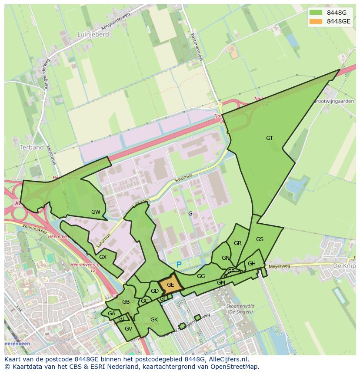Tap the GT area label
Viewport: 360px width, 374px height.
click(x=270, y=138)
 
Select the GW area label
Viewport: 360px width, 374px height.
click(x=96, y=212)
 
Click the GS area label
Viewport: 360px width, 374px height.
click(x=260, y=239)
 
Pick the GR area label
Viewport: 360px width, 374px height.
click(x=237, y=243)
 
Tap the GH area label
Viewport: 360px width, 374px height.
click(x=252, y=264)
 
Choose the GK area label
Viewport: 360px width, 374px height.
click(x=154, y=320)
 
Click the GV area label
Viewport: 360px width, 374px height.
click(x=128, y=329)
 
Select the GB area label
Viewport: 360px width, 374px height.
click(x=126, y=302)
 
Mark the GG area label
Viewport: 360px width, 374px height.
click(x=201, y=276)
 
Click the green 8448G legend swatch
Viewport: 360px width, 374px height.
click(x=316, y=13)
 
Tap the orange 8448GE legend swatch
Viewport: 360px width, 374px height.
click(x=316, y=21)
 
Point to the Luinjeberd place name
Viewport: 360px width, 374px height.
click(x=93, y=34)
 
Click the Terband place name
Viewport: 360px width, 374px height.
click(x=32, y=147)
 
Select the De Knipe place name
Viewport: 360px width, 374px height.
click(x=343, y=265)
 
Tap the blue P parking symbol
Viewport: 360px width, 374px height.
click(x=179, y=264)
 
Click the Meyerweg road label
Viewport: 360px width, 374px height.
click(x=279, y=266)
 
